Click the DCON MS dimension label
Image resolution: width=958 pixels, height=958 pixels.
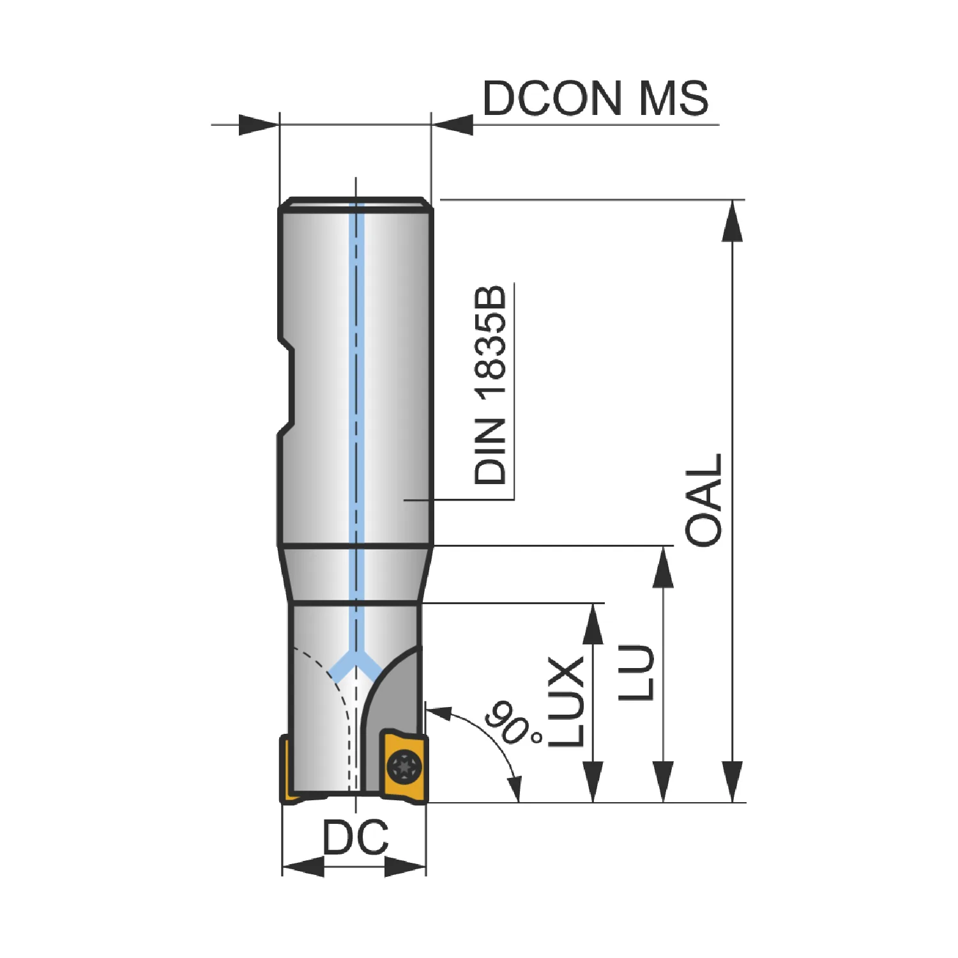pos(595,98)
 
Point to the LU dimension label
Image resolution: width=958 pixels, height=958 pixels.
pos(637,673)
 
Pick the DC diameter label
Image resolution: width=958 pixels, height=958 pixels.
pos(355,837)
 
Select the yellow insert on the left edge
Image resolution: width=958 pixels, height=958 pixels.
pos(287,770)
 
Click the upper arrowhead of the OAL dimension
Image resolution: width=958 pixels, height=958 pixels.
pos(732,221)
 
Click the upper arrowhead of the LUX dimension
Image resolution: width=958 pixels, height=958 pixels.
pos(593,623)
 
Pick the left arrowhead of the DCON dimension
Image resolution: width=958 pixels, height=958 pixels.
pos(259,125)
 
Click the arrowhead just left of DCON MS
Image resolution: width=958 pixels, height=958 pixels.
pos(452,125)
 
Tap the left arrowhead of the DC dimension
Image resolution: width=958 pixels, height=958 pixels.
pos(303,867)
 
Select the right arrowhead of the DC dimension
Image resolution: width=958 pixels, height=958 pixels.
pos(405,867)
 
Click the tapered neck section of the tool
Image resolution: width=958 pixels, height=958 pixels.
pos(356,574)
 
